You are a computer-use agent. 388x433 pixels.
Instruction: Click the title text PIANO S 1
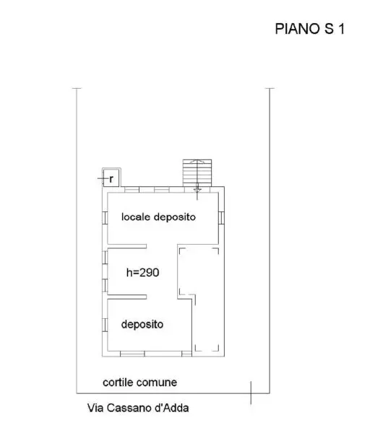[310, 29]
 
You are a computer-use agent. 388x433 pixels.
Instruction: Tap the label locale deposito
[158, 217]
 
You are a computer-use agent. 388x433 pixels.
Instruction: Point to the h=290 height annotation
[142, 273]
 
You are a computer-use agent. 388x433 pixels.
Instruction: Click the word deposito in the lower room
[142, 324]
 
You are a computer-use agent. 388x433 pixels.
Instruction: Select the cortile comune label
[139, 382]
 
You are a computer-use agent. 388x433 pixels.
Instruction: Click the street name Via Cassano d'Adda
[138, 408]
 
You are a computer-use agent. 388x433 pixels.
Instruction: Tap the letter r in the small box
[111, 179]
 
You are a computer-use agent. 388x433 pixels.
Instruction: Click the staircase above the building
[197, 173]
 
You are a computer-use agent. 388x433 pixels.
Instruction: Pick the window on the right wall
[221, 218]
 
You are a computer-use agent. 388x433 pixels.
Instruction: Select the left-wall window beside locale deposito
[105, 218]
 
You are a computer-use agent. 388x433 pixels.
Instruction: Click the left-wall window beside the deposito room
[105, 325]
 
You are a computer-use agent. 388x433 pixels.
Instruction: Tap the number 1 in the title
[342, 29]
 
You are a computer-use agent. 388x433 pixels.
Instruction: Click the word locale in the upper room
[136, 217]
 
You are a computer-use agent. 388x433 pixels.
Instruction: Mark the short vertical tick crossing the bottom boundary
[251, 393]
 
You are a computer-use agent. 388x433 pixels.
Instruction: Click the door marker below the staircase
[197, 191]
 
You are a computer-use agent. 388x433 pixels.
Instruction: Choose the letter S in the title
[329, 29]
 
